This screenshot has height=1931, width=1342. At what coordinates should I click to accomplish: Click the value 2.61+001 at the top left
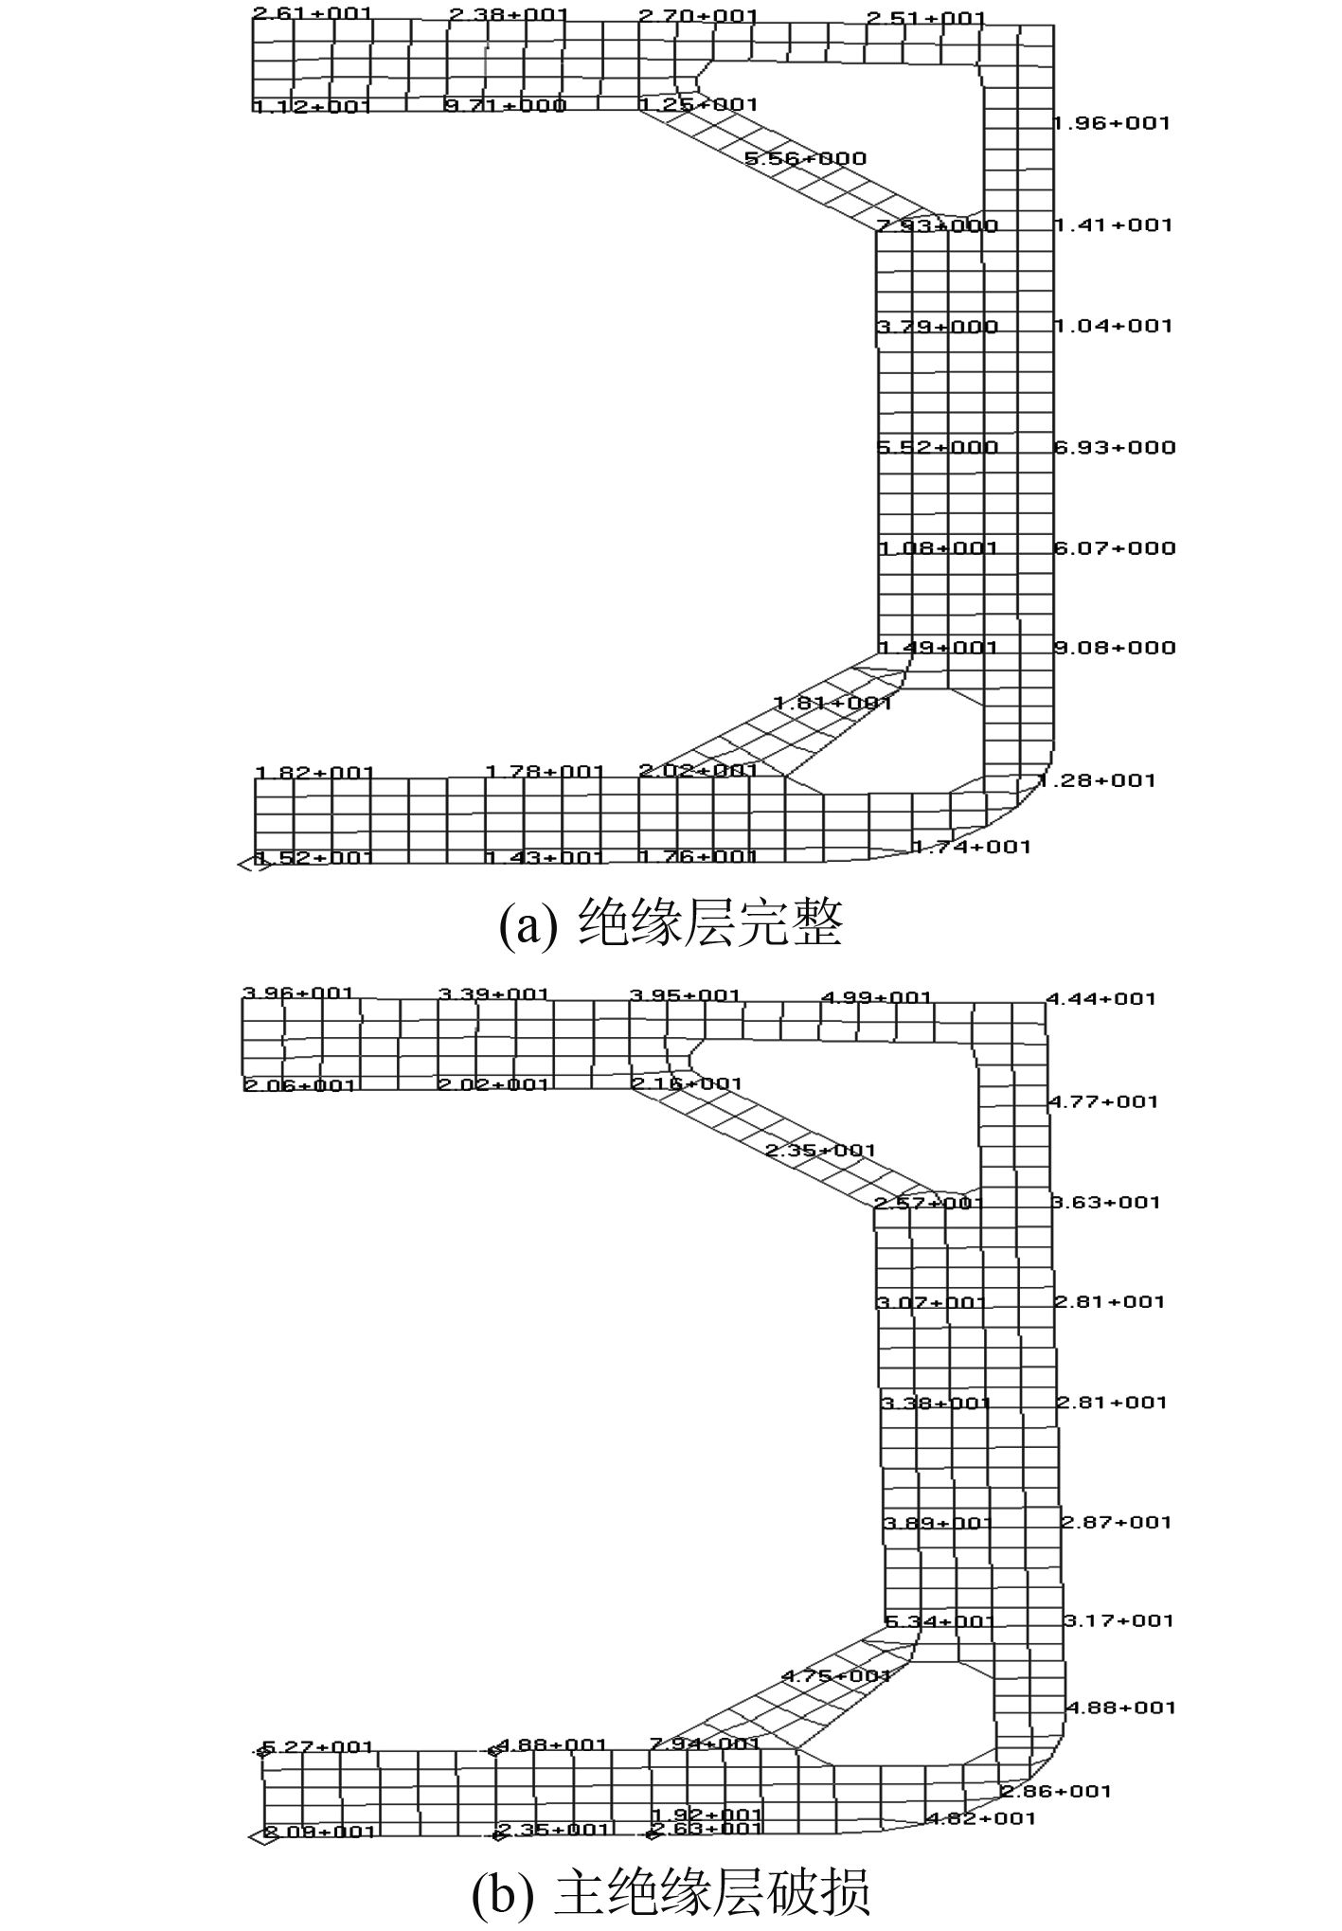click(x=312, y=15)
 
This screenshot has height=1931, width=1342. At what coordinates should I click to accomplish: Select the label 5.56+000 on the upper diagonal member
click(x=805, y=159)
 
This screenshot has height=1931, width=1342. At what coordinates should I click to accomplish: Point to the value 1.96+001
click(x=1112, y=123)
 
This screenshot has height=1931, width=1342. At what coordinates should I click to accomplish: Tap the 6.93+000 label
click(x=1115, y=447)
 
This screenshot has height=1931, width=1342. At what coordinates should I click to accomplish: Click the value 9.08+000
click(x=1115, y=648)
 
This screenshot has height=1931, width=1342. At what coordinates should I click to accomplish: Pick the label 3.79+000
click(x=938, y=328)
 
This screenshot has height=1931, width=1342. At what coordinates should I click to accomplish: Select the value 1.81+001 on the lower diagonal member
click(x=833, y=704)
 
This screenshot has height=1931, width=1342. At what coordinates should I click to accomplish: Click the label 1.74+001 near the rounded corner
click(x=971, y=847)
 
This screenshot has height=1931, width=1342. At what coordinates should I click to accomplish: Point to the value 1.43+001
click(x=545, y=857)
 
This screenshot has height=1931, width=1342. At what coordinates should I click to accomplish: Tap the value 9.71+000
click(x=505, y=105)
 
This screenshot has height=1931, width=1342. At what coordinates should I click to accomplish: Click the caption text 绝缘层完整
click(x=709, y=923)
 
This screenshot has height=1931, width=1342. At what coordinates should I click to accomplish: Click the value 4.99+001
click(x=876, y=997)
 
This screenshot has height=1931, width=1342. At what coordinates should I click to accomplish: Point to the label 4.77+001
click(x=1102, y=1101)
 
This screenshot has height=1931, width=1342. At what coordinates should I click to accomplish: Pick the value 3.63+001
click(x=1105, y=1202)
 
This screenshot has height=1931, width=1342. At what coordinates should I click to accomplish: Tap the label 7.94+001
click(x=705, y=1743)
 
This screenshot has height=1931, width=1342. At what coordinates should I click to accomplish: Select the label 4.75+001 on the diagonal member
click(x=836, y=1675)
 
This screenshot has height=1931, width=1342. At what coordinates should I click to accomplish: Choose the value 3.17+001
click(x=1118, y=1620)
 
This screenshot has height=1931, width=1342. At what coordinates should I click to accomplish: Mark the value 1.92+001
click(x=707, y=1815)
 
